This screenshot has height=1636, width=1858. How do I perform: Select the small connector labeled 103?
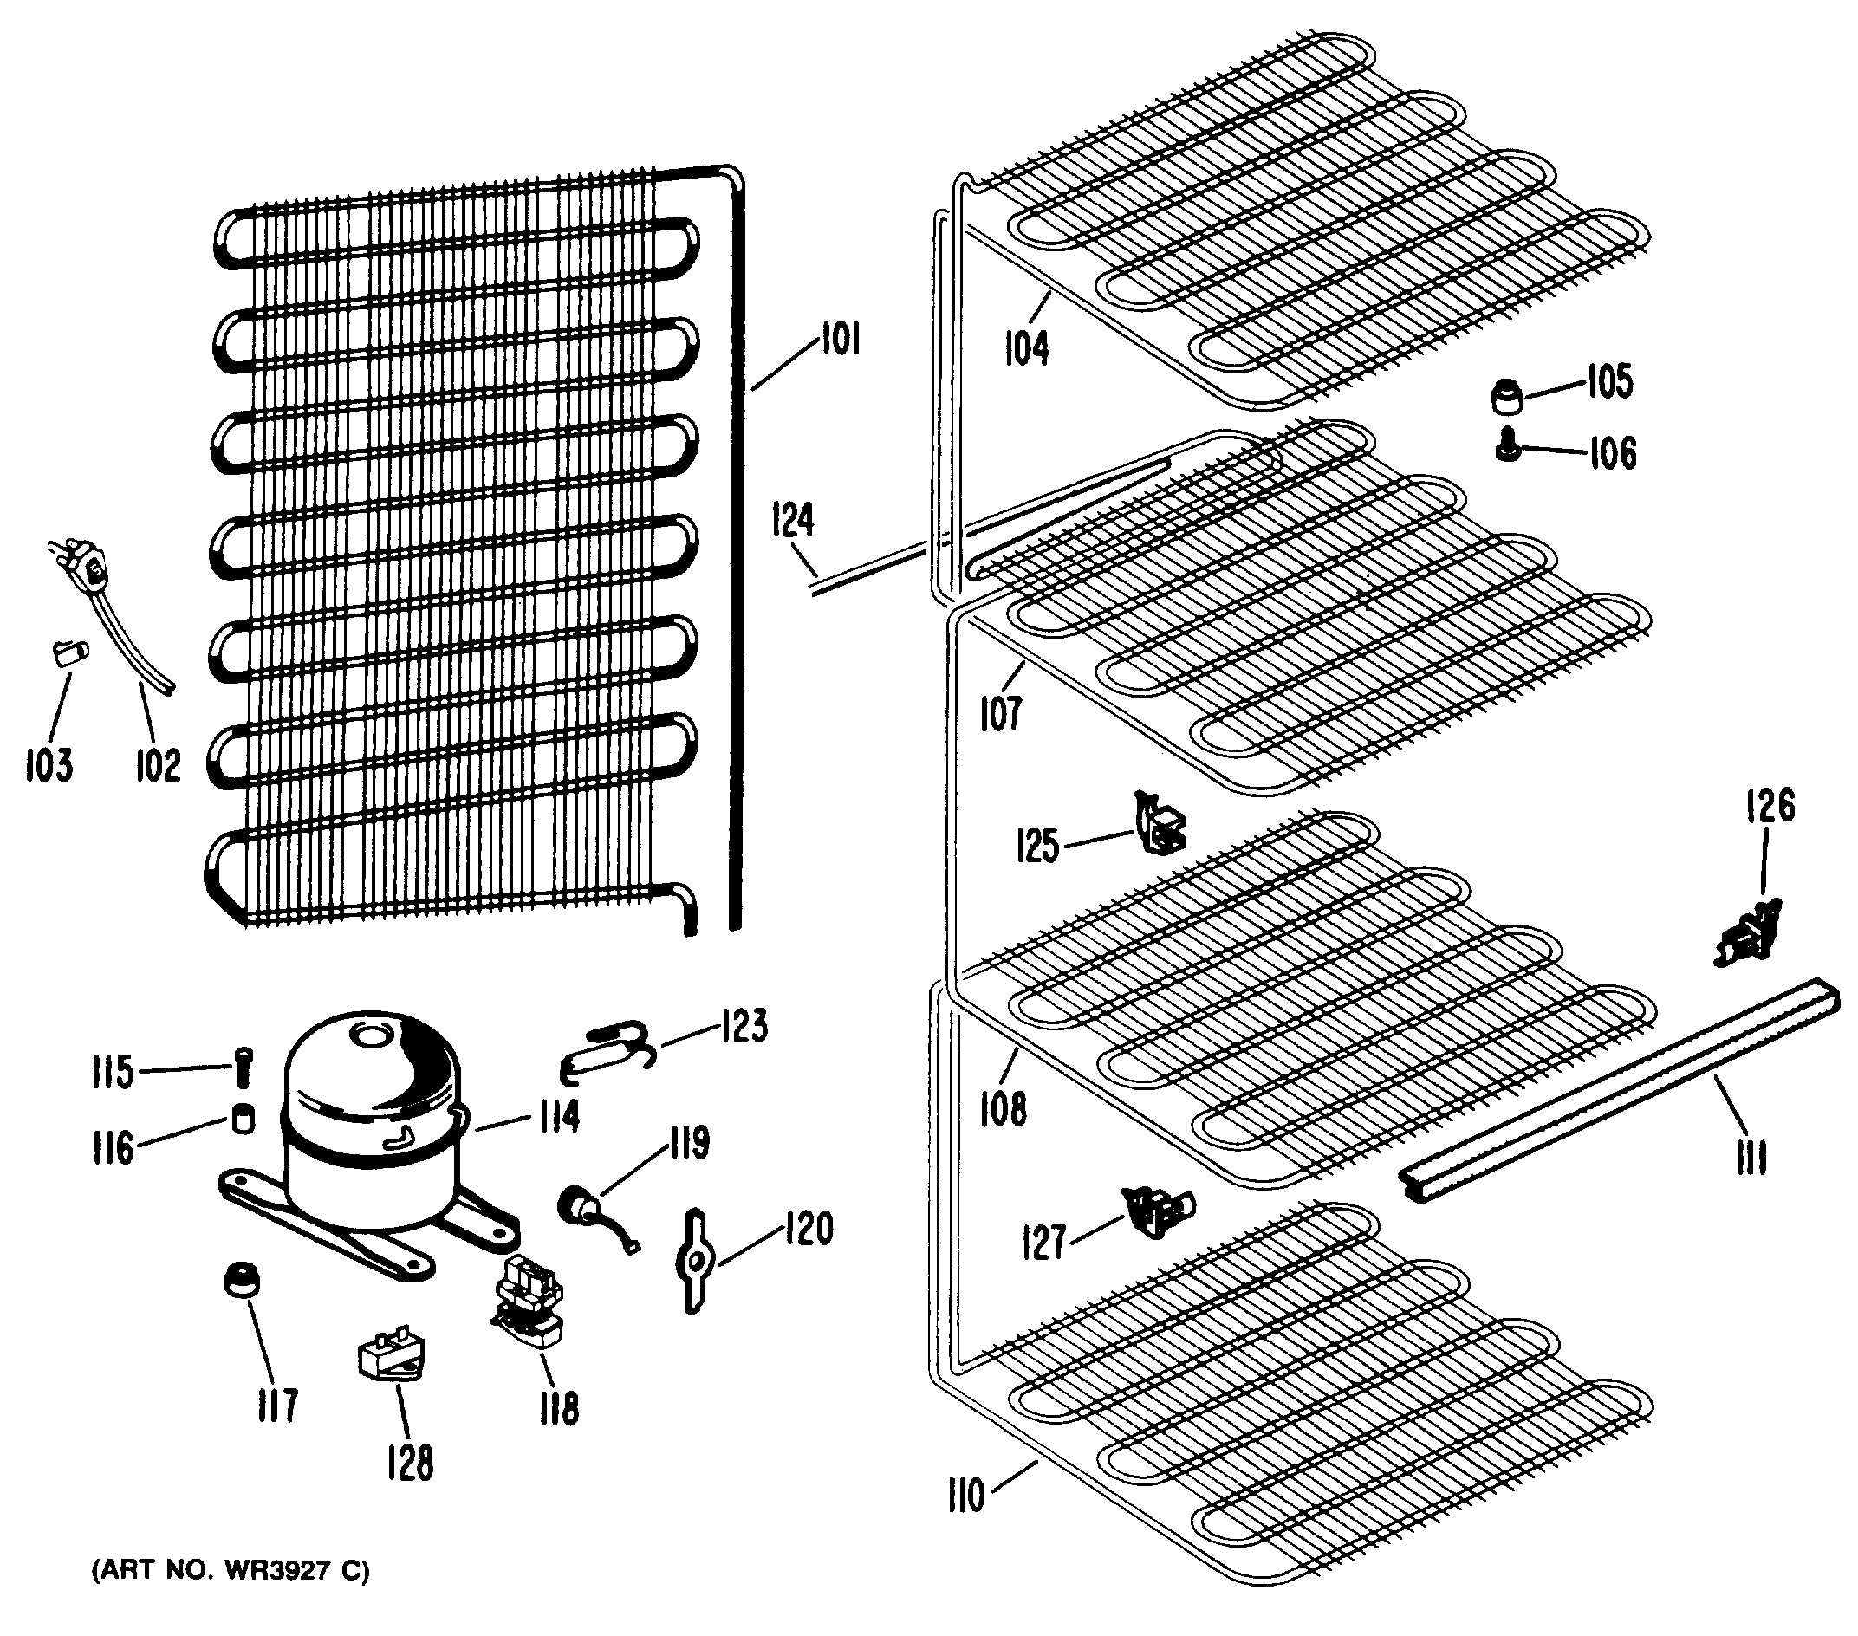pyautogui.click(x=69, y=653)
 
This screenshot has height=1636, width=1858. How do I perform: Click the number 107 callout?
pyautogui.click(x=1000, y=712)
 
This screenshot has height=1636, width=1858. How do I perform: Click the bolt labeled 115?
pyautogui.click(x=243, y=1067)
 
